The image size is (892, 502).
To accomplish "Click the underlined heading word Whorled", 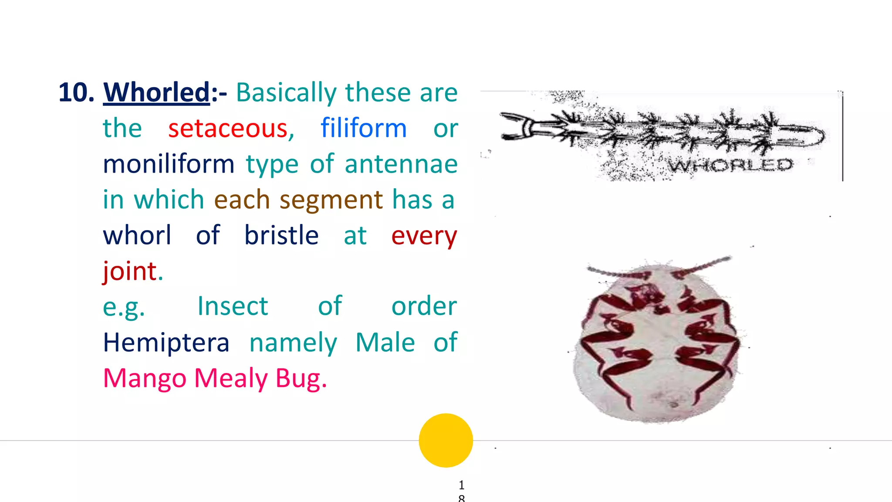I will pyautogui.click(x=157, y=92).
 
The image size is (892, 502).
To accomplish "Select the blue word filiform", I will pyautogui.click(x=364, y=129).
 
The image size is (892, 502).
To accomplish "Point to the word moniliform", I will pyautogui.click(x=169, y=164).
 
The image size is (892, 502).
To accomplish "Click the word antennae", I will pyautogui.click(x=401, y=164).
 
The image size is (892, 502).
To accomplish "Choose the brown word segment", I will pyautogui.click(x=331, y=200).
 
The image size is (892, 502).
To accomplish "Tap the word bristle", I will pyautogui.click(x=281, y=236).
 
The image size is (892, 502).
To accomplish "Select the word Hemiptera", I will pyautogui.click(x=166, y=343).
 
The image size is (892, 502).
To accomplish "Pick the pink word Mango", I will pyautogui.click(x=145, y=378).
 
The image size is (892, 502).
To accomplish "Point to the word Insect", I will pyautogui.click(x=233, y=306).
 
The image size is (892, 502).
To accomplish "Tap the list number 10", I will pyautogui.click(x=76, y=92).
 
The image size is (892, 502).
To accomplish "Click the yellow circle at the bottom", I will pyautogui.click(x=446, y=440).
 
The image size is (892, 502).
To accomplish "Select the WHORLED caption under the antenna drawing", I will pyautogui.click(x=730, y=165).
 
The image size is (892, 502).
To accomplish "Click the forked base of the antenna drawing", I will pyautogui.click(x=518, y=126).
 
